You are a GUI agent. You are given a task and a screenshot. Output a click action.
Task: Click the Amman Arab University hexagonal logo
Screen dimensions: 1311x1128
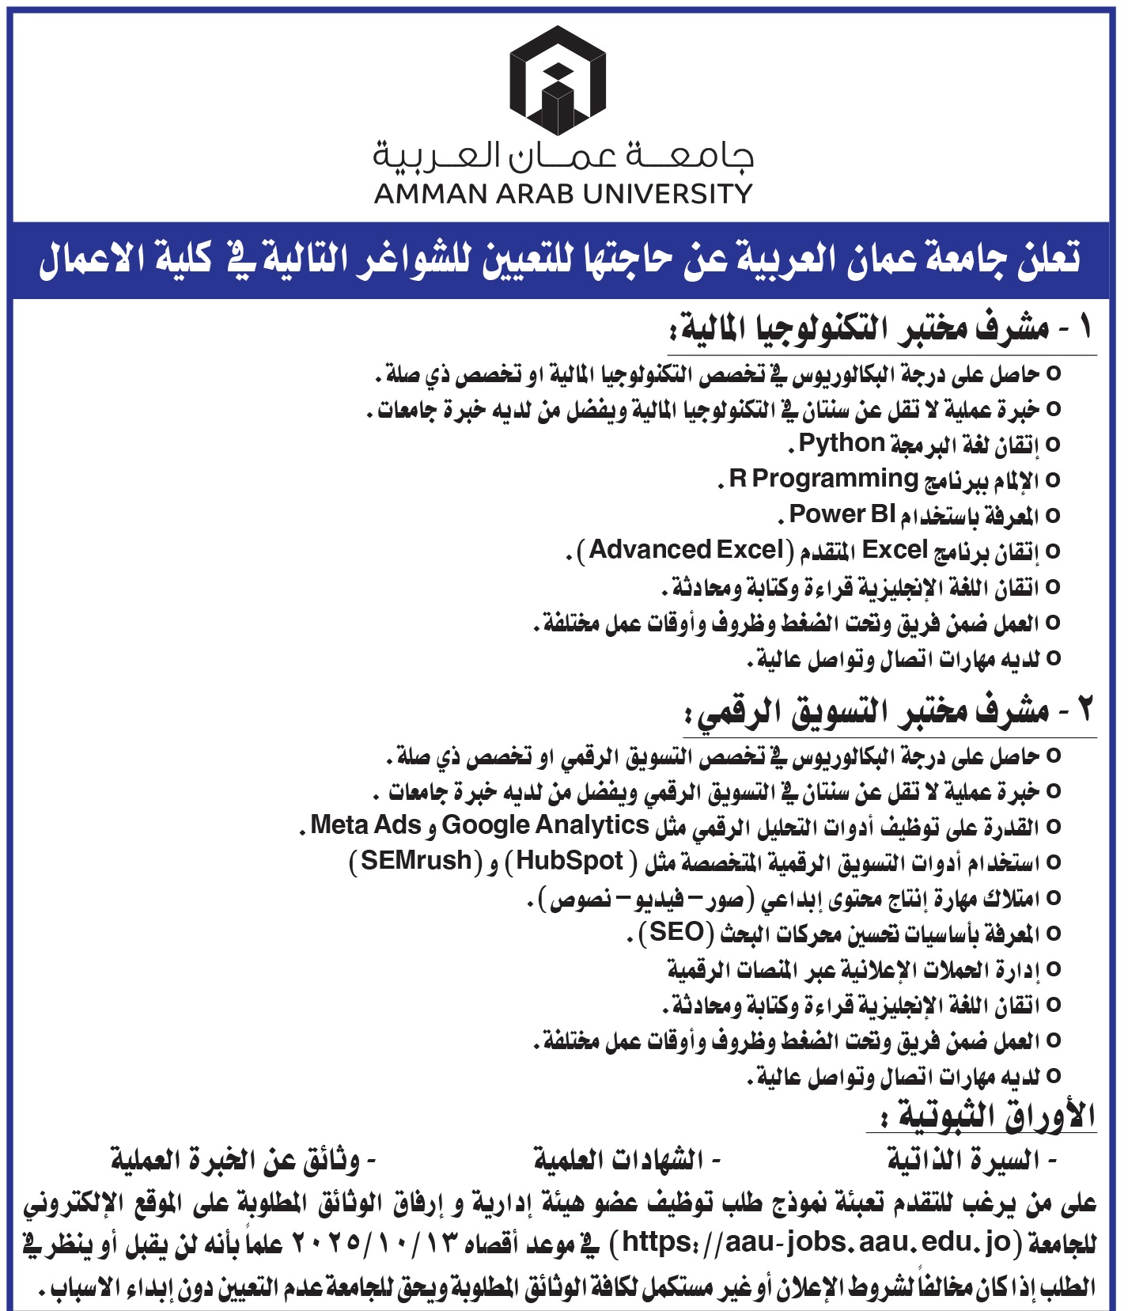point(558,80)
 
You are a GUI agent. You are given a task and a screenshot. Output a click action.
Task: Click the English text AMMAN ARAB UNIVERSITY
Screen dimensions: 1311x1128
point(563,194)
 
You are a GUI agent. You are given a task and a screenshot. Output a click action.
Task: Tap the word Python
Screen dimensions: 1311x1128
point(841,443)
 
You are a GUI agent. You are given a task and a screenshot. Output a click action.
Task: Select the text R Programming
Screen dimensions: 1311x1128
point(823,479)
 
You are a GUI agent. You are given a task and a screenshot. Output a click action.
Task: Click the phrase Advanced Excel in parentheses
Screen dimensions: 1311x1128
point(686,550)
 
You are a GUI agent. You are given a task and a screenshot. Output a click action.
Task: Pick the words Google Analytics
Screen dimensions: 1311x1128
point(545,825)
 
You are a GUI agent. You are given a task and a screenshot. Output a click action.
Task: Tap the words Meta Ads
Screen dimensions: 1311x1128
point(365,825)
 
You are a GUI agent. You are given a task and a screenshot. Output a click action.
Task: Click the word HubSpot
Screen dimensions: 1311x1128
point(570,861)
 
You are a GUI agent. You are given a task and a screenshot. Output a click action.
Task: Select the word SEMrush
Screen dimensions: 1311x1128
point(416,861)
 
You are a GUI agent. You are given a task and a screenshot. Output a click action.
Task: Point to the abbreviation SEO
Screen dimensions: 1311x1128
point(676,932)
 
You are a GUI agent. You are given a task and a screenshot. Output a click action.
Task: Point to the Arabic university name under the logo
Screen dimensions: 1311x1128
point(563,156)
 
